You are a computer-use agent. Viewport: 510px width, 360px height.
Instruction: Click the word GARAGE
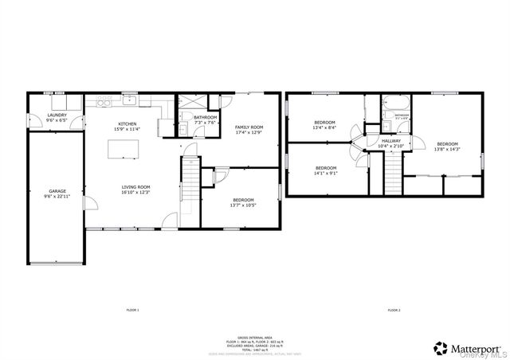point(57,191)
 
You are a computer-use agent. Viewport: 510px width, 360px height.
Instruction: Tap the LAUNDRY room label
point(57,115)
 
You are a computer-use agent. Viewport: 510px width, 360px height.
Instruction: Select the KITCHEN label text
point(127,124)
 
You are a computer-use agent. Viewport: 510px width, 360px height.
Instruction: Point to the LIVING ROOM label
point(135,187)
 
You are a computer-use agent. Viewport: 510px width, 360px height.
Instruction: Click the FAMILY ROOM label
point(249,127)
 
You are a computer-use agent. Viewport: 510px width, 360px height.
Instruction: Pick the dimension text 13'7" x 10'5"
point(243,205)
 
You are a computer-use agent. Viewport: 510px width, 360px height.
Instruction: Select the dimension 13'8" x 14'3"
point(446,149)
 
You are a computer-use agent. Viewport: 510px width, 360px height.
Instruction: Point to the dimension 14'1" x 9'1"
point(326,173)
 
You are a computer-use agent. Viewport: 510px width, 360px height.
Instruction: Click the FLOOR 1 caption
point(132,309)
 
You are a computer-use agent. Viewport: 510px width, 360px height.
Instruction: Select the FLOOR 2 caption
point(394,309)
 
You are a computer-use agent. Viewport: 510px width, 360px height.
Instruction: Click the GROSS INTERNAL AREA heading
point(255,337)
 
